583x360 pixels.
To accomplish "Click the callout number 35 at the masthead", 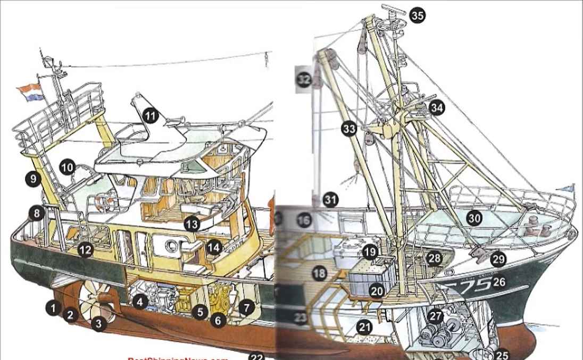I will (x=418, y=15).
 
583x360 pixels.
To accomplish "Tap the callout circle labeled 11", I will (x=151, y=115).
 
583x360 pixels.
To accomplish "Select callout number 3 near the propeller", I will (x=98, y=323).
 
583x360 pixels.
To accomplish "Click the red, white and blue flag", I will (x=29, y=91).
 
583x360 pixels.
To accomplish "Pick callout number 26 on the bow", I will (x=498, y=281).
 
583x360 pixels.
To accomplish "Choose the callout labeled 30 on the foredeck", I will (x=474, y=217).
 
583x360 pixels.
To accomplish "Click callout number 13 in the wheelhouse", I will (x=191, y=224).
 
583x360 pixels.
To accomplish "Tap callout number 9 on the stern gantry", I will (x=33, y=179).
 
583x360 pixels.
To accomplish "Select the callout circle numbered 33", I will (x=349, y=129).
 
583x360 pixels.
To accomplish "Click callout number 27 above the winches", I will (x=436, y=316).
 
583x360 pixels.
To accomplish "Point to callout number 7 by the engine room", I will (x=246, y=307).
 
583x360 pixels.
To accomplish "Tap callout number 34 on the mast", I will (x=437, y=108).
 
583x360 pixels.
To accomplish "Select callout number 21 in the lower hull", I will (x=364, y=327).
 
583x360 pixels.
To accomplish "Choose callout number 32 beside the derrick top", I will (x=304, y=80).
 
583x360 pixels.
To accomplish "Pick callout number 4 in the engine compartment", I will (x=139, y=302).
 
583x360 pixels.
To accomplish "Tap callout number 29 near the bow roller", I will (x=498, y=259).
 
